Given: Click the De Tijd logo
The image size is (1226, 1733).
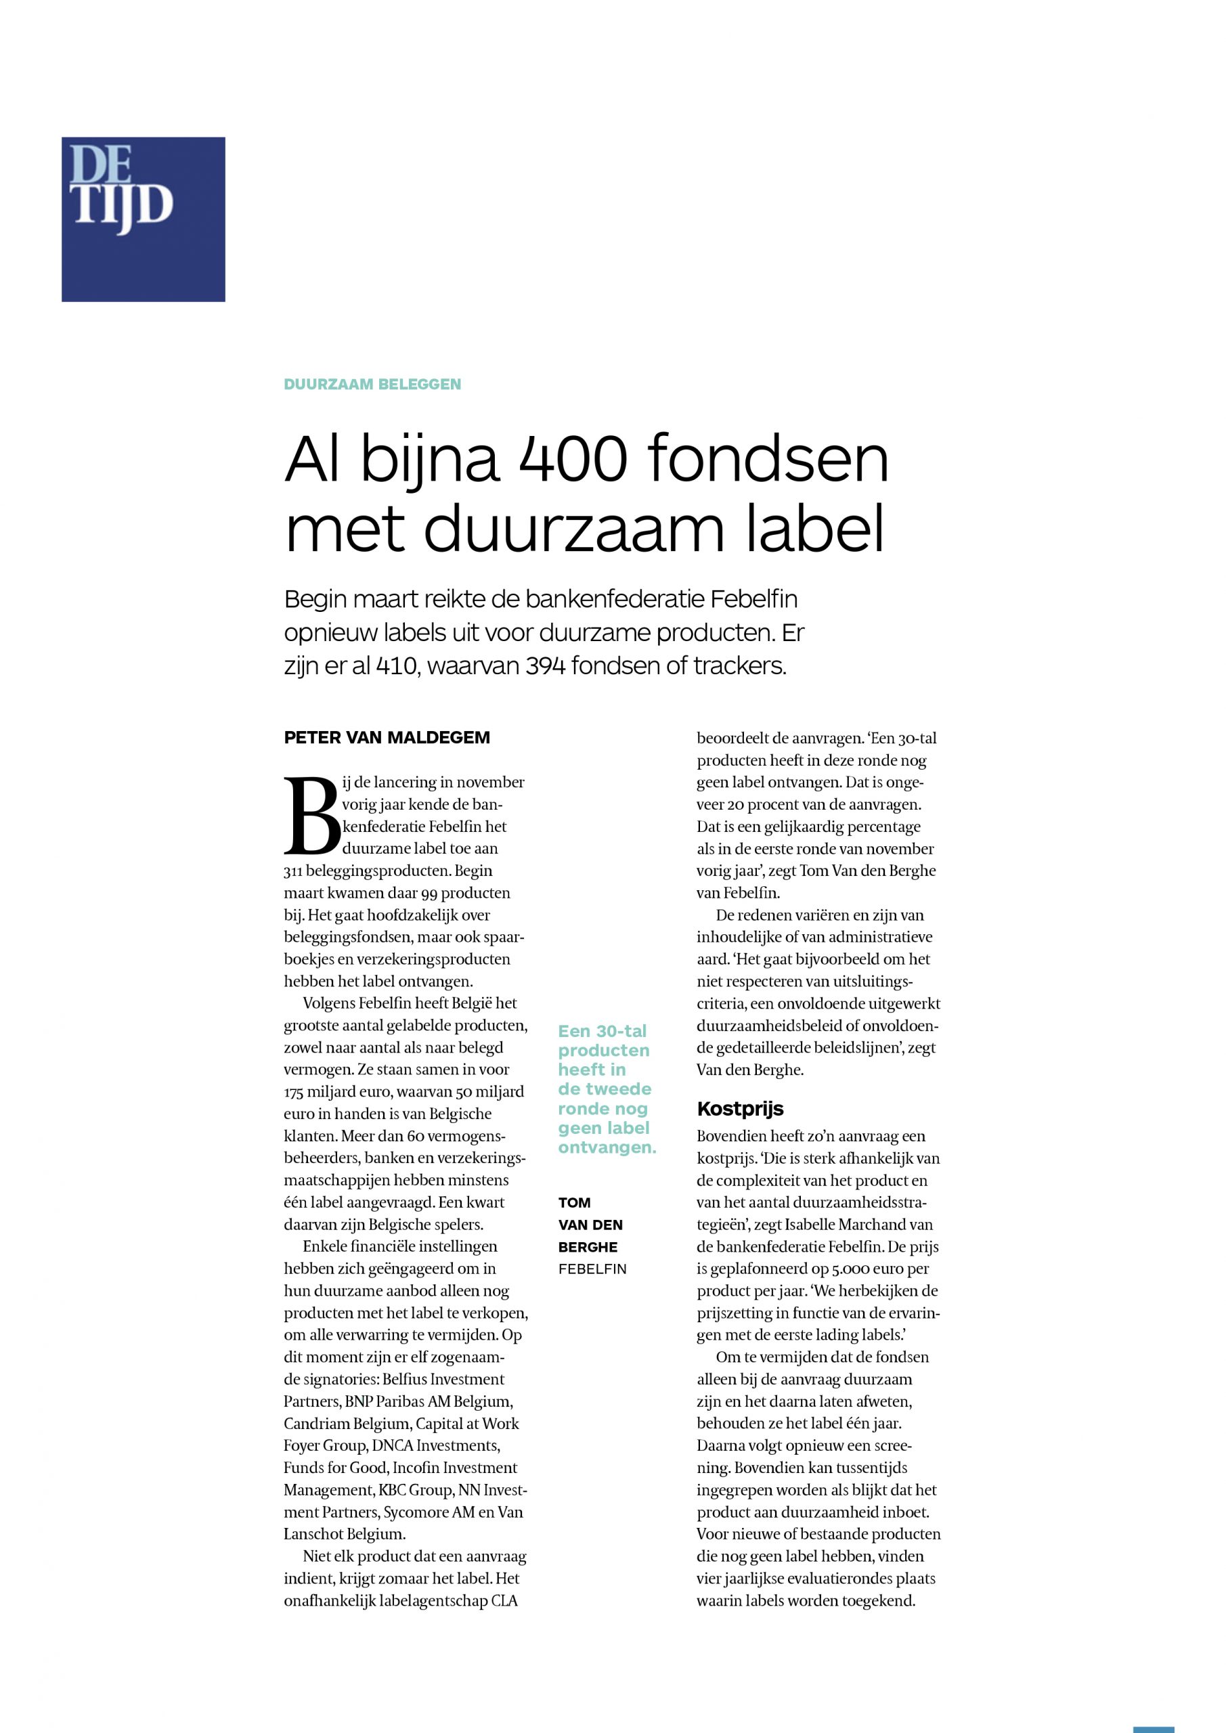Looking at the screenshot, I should [144, 219].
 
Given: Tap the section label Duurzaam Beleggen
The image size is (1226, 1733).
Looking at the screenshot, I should [372, 385].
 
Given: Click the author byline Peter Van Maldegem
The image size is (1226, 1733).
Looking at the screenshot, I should [387, 738].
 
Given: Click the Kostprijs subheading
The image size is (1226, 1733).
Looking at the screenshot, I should [740, 1109].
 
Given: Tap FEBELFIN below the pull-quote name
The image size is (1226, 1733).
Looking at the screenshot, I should [592, 1269].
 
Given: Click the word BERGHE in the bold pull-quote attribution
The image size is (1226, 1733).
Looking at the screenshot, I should [588, 1248].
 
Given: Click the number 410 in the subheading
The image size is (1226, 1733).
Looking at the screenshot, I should [397, 667].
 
